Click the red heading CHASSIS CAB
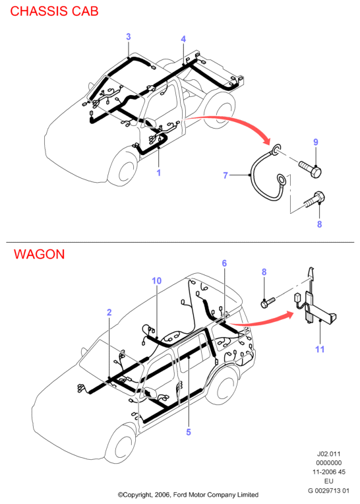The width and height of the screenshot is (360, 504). click(54, 11)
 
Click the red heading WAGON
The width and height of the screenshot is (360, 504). click(39, 254)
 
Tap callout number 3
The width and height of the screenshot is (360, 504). click(129, 37)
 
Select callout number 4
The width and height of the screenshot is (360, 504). click(183, 39)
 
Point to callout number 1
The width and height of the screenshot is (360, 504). click(159, 173)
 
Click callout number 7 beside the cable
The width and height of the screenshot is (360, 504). click(225, 175)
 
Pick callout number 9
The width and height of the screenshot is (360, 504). click(316, 142)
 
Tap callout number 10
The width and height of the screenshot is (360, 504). click(157, 281)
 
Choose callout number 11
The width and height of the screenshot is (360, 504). click(320, 349)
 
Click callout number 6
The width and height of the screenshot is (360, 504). click(224, 263)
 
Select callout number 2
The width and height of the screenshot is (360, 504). click(109, 312)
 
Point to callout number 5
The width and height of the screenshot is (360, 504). click(189, 432)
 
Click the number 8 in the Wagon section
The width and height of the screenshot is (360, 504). click(264, 272)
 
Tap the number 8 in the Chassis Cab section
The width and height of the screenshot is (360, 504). click(320, 224)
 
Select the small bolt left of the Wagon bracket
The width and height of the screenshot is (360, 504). click(268, 302)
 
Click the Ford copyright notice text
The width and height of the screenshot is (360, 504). click(188, 495)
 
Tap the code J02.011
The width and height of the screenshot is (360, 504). click(328, 454)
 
